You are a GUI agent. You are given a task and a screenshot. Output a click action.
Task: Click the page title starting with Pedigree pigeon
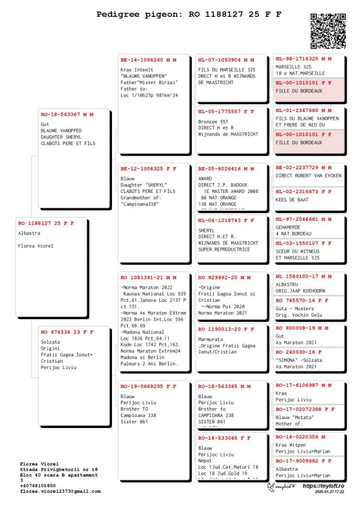pyautogui.click(x=189, y=15)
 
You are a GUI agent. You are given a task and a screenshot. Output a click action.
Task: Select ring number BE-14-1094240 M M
pyautogui.click(x=148, y=60)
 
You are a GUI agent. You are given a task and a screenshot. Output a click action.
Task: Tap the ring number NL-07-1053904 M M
pyautogui.click(x=226, y=60)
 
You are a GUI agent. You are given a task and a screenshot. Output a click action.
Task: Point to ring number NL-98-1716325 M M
pyautogui.click(x=303, y=59)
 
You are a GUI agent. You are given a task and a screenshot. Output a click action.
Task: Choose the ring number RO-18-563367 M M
pyautogui.click(x=67, y=114)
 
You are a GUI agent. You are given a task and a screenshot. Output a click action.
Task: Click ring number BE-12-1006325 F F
pyautogui.click(x=148, y=169)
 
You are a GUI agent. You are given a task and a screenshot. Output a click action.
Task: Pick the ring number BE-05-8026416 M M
pyautogui.click(x=226, y=169)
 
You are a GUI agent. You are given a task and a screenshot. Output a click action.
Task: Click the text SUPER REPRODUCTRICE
pyautogui.click(x=224, y=249)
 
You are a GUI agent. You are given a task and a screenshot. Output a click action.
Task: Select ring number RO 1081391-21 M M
pyautogui.click(x=148, y=277)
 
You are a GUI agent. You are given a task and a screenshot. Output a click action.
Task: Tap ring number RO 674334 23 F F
pyautogui.click(x=67, y=332)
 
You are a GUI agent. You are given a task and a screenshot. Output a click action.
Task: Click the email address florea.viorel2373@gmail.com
pyautogui.click(x=60, y=491)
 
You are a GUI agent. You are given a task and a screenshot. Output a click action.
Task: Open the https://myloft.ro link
pyautogui.click(x=323, y=486)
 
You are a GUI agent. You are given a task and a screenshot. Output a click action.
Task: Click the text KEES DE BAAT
pyautogui.click(x=292, y=200)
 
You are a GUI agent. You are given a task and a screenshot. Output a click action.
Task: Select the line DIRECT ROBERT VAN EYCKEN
pyautogui.click(x=308, y=176)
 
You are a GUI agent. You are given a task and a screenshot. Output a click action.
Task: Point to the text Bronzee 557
pyautogui.click(x=213, y=121)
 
